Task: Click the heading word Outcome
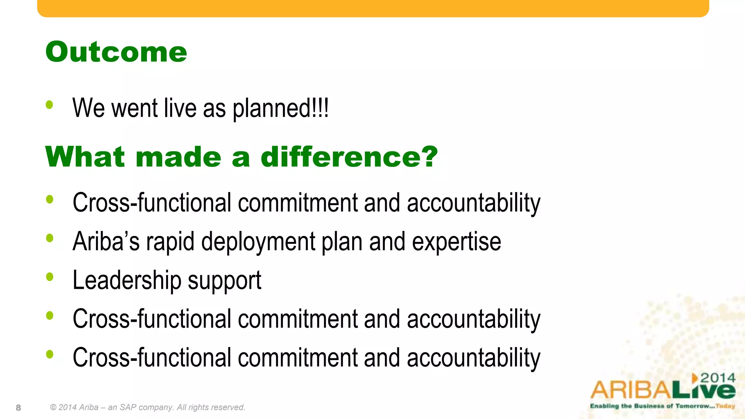[116, 52]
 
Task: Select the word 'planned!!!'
[280, 109]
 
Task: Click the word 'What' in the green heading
[85, 157]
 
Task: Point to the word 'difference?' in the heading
[349, 157]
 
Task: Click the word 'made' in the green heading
[178, 157]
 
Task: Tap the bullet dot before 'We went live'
[49, 105]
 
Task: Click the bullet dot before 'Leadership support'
[49, 277]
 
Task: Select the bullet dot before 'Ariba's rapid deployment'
[49, 238]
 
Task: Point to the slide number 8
[19, 408]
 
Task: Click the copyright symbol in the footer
[53, 407]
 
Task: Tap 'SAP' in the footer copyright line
[128, 407]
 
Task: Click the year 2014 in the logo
[718, 378]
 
